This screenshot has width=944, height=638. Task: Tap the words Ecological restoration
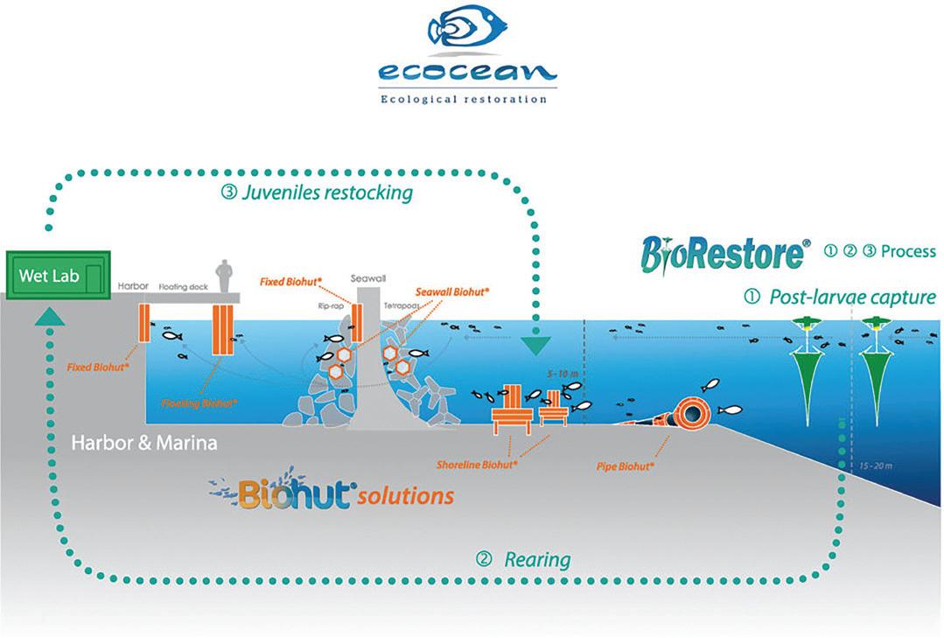coord(464,99)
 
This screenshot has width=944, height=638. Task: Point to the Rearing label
coord(523,558)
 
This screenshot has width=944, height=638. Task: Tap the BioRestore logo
coord(723,254)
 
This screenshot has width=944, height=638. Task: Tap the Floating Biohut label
coord(199,403)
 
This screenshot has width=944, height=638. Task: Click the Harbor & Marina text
coord(144,444)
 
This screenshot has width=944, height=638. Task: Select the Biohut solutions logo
coord(332,494)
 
